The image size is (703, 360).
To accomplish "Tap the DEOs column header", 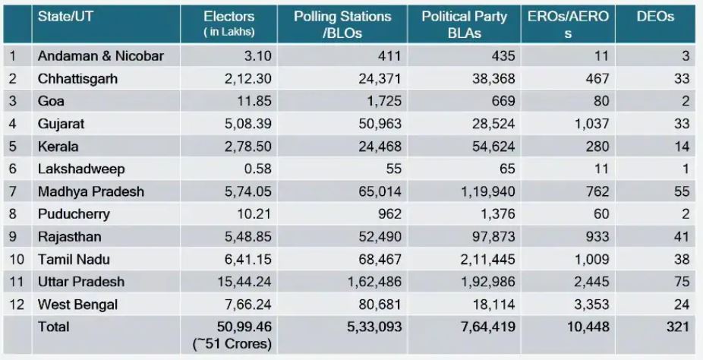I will coord(655,17).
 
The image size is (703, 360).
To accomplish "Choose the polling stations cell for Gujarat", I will coord(378,123).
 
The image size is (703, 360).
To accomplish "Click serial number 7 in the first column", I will coord(13,191).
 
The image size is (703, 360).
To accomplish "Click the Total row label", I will coord(53,327).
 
